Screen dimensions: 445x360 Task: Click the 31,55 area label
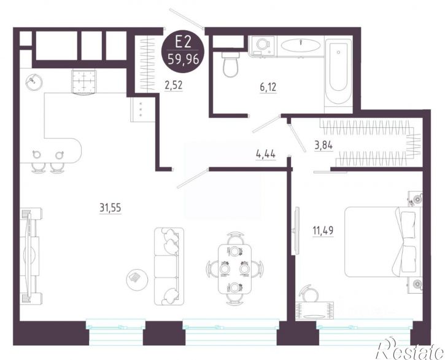[110, 208]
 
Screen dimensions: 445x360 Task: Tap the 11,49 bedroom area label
[323, 230]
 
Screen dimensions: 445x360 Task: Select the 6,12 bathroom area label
[268, 87]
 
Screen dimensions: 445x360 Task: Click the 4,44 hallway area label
[266, 155]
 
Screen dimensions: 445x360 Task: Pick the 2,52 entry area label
[174, 85]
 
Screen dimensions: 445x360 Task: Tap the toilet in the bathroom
[231, 64]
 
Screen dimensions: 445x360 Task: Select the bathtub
[338, 74]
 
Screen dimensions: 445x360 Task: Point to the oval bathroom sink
[301, 45]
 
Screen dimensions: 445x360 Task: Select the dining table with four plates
[234, 269]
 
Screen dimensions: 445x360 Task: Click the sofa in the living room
[169, 266]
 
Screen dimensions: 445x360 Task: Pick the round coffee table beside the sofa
[137, 278]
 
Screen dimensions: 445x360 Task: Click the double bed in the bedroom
[383, 241]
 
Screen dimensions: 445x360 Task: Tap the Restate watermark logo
[410, 348]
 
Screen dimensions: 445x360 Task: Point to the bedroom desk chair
[309, 294]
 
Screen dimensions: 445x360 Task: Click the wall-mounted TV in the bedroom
[296, 230]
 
